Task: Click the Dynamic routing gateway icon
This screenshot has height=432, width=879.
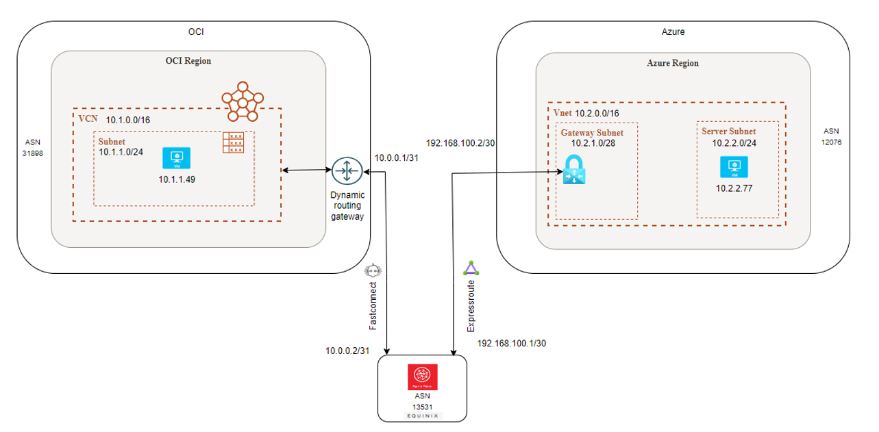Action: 346,170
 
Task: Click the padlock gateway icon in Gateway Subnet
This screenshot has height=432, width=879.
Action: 573,169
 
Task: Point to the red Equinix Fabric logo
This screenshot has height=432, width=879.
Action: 423,376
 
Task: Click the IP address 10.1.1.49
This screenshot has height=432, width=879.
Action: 177,180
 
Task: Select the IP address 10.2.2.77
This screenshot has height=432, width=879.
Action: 734,188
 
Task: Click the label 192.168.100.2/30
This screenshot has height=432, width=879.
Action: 460,143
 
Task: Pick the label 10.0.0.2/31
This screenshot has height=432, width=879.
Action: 348,351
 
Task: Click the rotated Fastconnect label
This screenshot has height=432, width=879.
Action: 373,305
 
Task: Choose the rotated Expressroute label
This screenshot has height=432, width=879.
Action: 471,305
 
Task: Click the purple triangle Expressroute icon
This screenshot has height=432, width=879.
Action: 469,268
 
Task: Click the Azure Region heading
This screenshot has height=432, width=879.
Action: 673,63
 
